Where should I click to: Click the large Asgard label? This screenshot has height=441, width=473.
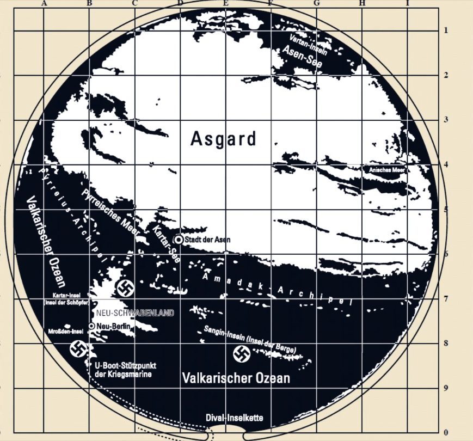pos(223,139)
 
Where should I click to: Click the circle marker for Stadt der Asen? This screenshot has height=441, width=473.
pos(178,239)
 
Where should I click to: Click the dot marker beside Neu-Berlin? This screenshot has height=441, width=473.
pos(91,326)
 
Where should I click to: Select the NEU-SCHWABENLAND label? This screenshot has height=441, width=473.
pos(134,313)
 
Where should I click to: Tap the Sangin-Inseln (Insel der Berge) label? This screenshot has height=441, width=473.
pos(250,338)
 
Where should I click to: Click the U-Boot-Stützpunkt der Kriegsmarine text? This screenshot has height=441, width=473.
pos(125,370)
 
